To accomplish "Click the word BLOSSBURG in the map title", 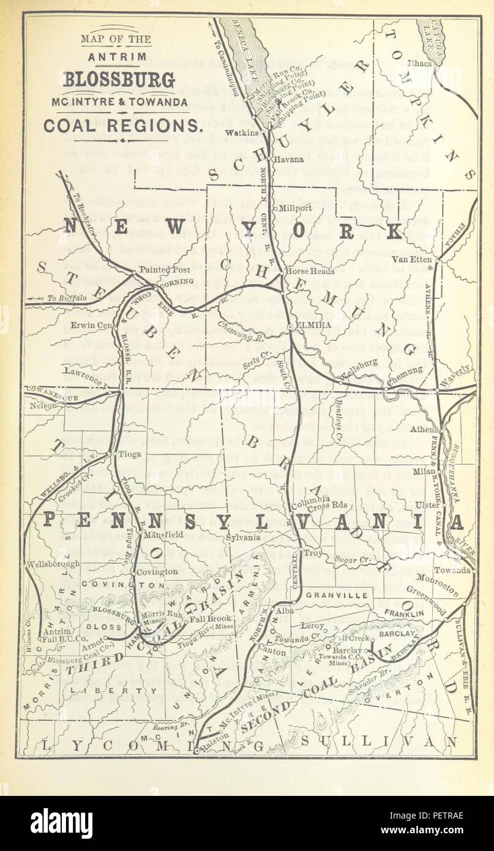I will click(118, 80).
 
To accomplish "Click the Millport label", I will click(296, 208).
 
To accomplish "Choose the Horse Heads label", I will click(311, 271).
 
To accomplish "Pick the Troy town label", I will click(313, 552).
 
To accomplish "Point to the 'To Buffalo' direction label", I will click(65, 299).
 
